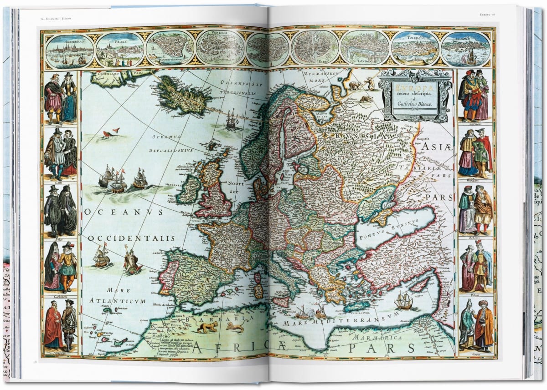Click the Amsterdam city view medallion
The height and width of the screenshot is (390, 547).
[70, 49]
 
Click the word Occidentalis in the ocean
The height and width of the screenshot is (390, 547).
[131, 238]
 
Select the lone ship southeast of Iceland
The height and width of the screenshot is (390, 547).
[232, 119]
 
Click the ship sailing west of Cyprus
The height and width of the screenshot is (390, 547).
[403, 300]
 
